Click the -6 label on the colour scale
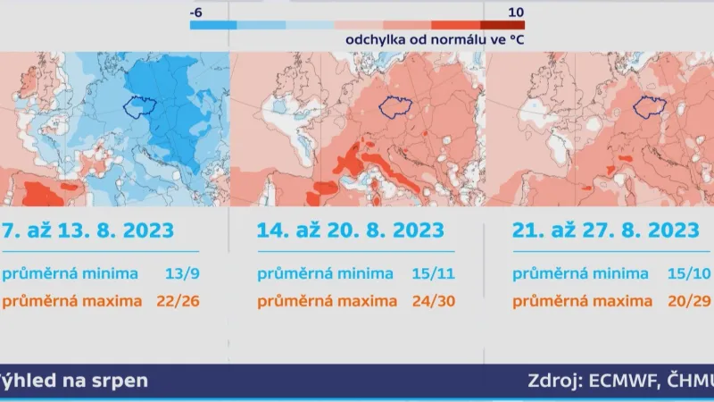pyautogui.click(x=198, y=12)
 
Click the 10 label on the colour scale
pyautogui.click(x=515, y=12)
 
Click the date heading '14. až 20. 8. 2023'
pyautogui.click(x=350, y=230)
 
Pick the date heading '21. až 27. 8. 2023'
pyautogui.click(x=606, y=230)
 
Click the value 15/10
pyautogui.click(x=693, y=273)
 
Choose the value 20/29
pyautogui.click(x=693, y=300)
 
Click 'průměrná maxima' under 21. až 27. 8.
pyautogui.click(x=583, y=300)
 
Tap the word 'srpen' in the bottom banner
pyautogui.click(x=120, y=381)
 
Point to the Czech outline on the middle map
pyautogui.click(x=394, y=106)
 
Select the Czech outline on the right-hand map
pyautogui.click(x=649, y=106)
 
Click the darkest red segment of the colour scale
pyautogui.click(x=502, y=25)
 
